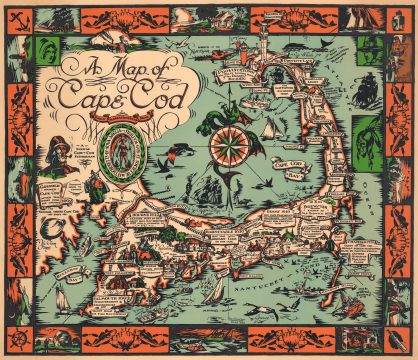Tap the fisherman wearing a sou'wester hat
pyautogui.click(x=57, y=150)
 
